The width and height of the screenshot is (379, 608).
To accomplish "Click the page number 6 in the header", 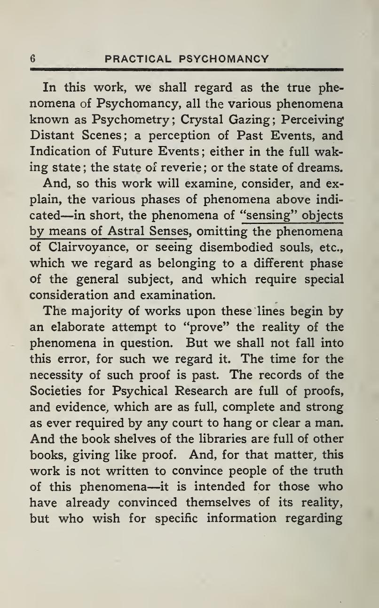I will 33,60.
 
